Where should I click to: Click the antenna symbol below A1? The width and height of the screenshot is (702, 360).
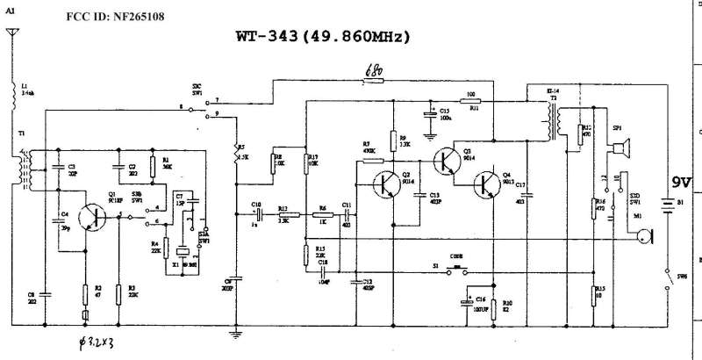click(x=11, y=35)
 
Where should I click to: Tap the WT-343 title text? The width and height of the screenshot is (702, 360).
click(x=323, y=38)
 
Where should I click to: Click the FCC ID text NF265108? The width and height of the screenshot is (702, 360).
click(x=114, y=17)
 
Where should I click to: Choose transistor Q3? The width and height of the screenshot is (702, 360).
click(x=448, y=160)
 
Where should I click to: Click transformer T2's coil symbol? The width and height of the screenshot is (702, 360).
click(x=554, y=119)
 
